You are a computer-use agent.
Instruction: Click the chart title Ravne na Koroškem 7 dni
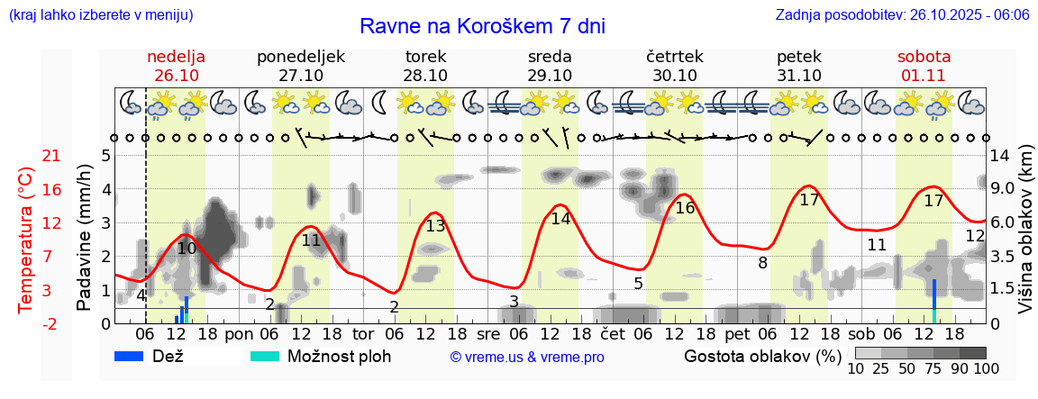(482, 25)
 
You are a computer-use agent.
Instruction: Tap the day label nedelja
(177, 56)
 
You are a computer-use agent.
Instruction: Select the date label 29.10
(550, 76)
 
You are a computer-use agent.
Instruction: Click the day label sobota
(924, 56)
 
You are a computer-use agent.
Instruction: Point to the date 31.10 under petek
(799, 76)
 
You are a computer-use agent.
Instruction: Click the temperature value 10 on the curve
(187, 249)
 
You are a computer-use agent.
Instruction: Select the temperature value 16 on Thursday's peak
(685, 208)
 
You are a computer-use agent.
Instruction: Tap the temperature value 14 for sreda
(560, 219)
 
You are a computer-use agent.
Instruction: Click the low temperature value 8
(762, 263)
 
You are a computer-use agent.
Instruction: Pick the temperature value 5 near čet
(638, 284)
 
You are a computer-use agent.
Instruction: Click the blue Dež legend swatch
(135, 356)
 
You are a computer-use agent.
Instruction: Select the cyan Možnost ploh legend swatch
(265, 356)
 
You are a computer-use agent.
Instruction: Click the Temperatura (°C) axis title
(25, 239)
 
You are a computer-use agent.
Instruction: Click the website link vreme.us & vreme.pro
(527, 357)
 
